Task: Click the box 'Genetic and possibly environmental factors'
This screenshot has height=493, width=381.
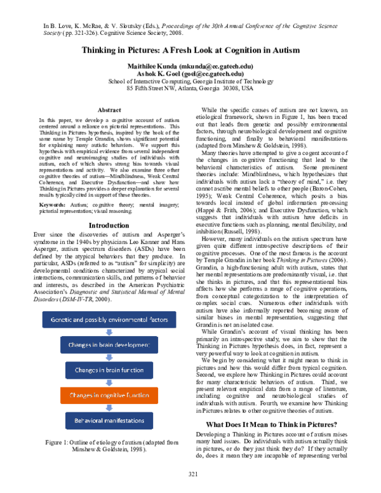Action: (x=109, y=320)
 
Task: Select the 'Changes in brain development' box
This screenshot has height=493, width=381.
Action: (x=109, y=345)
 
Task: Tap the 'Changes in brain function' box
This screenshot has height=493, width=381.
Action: (x=109, y=370)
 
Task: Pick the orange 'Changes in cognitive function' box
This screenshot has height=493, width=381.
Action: (x=109, y=395)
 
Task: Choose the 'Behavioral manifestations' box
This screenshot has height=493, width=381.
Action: (x=109, y=421)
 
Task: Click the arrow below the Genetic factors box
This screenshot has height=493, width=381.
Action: (x=109, y=332)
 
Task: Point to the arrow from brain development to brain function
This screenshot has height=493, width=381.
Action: (x=109, y=358)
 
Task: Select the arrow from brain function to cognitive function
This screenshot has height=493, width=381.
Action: (x=109, y=383)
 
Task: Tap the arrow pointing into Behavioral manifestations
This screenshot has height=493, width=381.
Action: (x=109, y=408)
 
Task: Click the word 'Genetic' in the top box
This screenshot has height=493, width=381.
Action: (x=60, y=320)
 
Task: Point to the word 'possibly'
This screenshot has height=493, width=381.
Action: (x=97, y=320)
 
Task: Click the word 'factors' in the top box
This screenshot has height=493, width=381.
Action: (x=159, y=320)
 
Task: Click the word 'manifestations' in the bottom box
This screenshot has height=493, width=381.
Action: (x=124, y=421)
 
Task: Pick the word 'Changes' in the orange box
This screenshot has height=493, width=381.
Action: (x=80, y=395)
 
